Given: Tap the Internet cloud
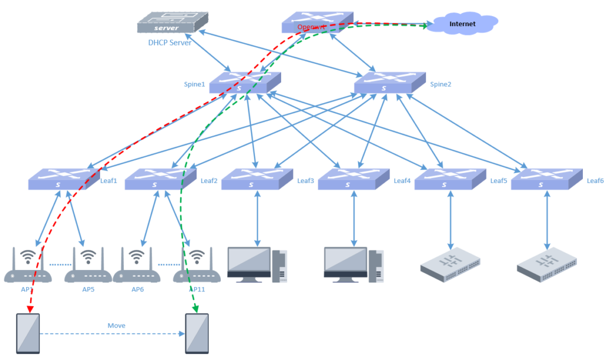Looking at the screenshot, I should (462, 24).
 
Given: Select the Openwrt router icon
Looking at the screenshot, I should (317, 22).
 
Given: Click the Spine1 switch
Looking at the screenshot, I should (244, 83).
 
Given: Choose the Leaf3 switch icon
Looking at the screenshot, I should (257, 179).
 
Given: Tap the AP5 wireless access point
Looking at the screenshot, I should (88, 266).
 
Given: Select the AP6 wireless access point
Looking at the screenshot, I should (137, 266).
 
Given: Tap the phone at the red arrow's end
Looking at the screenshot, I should (28, 334).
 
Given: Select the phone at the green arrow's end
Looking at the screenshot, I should (198, 334).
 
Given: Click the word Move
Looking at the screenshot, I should (117, 326).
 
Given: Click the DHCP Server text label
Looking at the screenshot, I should (169, 43).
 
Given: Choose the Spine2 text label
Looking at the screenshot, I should (440, 84).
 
